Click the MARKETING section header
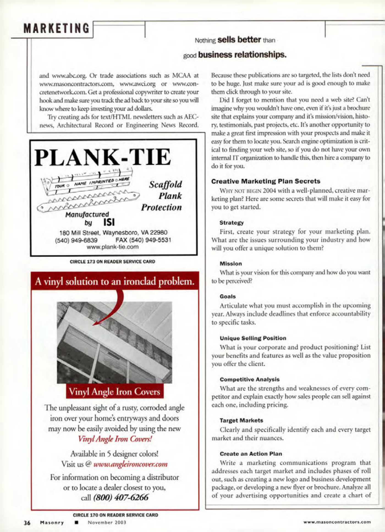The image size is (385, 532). tap(56, 28)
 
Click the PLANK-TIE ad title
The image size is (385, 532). tap(103, 157)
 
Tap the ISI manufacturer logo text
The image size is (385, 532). tap(109, 222)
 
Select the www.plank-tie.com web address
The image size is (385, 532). tap(112, 247)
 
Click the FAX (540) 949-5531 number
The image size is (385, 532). tap(143, 240)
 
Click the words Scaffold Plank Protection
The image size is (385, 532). tap(162, 196)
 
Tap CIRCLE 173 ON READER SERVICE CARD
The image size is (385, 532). tap(112, 261)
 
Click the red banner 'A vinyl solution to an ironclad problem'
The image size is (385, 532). tap(115, 281)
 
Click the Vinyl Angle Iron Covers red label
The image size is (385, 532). tap(114, 391)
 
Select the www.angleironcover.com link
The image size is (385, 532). tap(130, 464)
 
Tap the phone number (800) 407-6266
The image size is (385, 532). tap(121, 497)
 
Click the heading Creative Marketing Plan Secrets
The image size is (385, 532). tap(266, 181)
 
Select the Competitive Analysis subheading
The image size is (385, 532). tap(249, 379)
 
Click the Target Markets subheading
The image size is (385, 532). tap(241, 420)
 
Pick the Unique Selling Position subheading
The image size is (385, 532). tap(253, 338)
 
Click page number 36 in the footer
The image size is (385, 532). tap(27, 523)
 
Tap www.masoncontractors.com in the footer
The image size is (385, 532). tap(337, 522)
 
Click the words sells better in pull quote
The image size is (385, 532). tap(239, 40)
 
